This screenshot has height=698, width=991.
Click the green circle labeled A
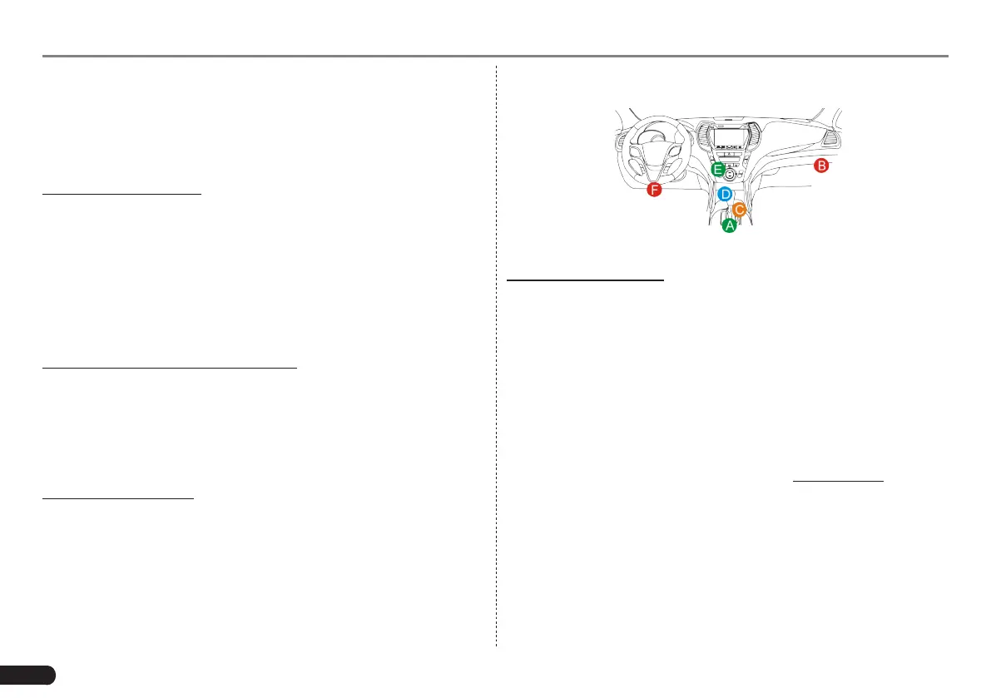pyautogui.click(x=730, y=225)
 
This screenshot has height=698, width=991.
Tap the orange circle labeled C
pyautogui.click(x=739, y=210)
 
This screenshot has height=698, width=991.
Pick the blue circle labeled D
pyautogui.click(x=725, y=195)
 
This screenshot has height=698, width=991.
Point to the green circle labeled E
pyautogui.click(x=718, y=169)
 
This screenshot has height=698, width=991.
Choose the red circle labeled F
pyautogui.click(x=655, y=191)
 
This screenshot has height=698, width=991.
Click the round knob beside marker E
pyautogui.click(x=731, y=175)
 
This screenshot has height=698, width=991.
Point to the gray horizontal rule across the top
pyautogui.click(x=496, y=57)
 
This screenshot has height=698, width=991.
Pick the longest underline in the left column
pyautogui.click(x=169, y=366)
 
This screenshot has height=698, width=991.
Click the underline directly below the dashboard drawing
pyautogui.click(x=586, y=280)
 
